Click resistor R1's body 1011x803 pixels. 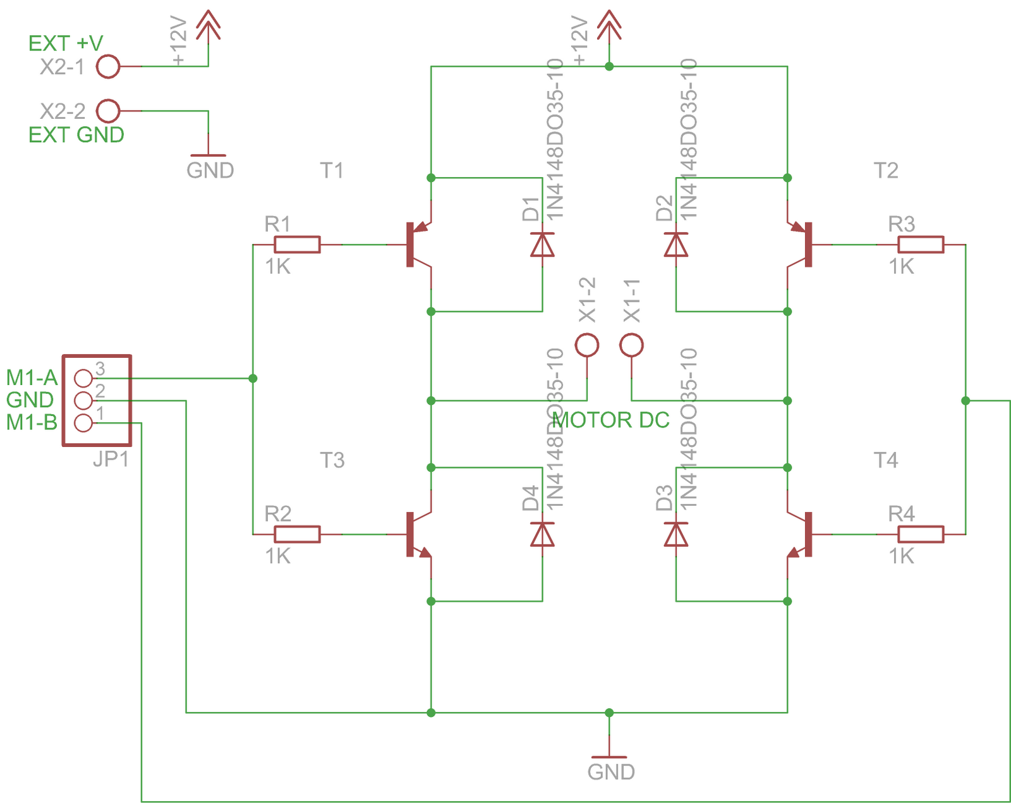coord(297,245)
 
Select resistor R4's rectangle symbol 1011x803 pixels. coord(921,534)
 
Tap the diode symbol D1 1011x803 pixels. coord(542,245)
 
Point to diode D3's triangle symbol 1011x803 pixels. coord(676,534)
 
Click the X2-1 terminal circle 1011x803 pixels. coord(108,66)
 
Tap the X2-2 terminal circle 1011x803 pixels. coord(108,111)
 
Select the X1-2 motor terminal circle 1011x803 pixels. coord(587,345)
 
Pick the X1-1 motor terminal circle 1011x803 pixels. coord(632,345)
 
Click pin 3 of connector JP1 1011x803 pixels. coord(83,378)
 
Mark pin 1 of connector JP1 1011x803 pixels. coord(83,423)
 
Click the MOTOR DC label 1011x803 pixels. coord(610,420)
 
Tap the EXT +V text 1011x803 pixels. coord(66,44)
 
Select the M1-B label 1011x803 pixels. coord(32,422)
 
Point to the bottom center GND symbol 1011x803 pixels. coord(609,757)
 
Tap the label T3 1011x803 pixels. coord(332,460)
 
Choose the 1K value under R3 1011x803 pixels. coord(901,267)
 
